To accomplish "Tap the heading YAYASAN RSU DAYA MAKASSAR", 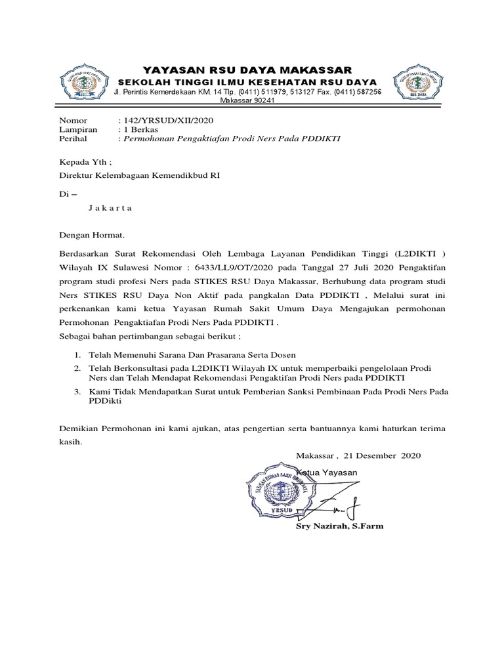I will (x=248, y=70).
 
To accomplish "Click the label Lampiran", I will (x=78, y=130).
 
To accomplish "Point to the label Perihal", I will (x=73, y=139).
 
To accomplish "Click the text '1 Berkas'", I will (x=140, y=130).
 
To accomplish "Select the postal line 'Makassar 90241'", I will (x=247, y=101).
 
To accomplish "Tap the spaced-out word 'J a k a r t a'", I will (x=110, y=208).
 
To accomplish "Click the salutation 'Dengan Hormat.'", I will (x=91, y=234).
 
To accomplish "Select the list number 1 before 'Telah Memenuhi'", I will (x=76, y=355).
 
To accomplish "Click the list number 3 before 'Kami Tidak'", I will (x=76, y=392).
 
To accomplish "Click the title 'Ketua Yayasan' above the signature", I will (x=327, y=472).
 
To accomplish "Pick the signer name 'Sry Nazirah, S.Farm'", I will (x=340, y=526).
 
